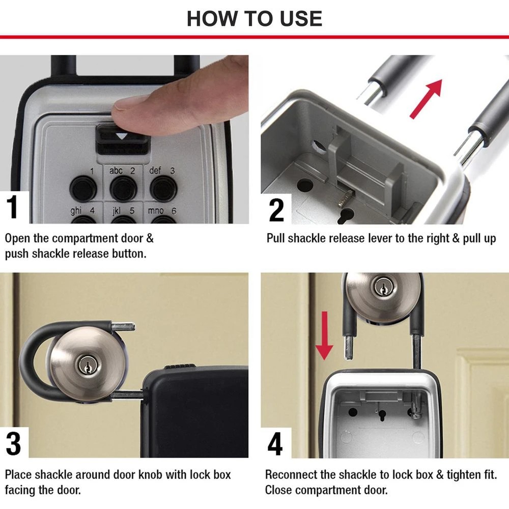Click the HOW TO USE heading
[254, 18]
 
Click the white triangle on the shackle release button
[121, 137]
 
